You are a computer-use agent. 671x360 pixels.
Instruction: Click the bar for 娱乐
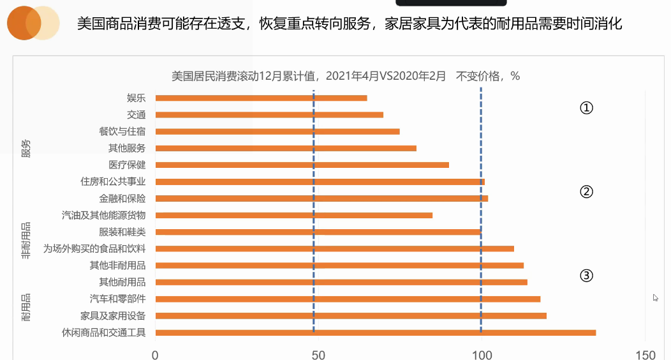pyautogui.click(x=261, y=98)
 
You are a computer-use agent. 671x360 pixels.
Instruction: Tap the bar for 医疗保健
pyautogui.click(x=302, y=165)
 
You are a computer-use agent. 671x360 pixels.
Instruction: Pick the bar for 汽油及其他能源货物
pyautogui.click(x=293, y=215)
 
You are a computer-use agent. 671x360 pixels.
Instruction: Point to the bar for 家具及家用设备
pyautogui.click(x=351, y=315)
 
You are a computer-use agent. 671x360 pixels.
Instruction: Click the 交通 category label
pyautogui.click(x=136, y=115)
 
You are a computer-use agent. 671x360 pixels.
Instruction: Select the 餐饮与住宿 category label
pyautogui.click(x=122, y=131)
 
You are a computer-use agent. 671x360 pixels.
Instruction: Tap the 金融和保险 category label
pyautogui.click(x=122, y=199)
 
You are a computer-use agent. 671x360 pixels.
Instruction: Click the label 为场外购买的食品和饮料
pyautogui.click(x=94, y=248)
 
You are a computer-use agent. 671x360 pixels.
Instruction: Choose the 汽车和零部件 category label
pyautogui.click(x=117, y=299)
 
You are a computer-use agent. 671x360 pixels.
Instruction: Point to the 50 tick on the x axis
pyautogui.click(x=318, y=354)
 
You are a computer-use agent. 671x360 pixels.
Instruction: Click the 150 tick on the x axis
pyautogui.click(x=645, y=354)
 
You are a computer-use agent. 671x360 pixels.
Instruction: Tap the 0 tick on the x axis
pyautogui.click(x=155, y=354)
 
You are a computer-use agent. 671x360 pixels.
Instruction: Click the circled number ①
pyautogui.click(x=586, y=108)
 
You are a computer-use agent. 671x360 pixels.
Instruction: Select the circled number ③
pyautogui.click(x=586, y=276)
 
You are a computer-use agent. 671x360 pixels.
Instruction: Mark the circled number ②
pyautogui.click(x=586, y=191)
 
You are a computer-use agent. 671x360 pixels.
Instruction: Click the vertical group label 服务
pyautogui.click(x=26, y=149)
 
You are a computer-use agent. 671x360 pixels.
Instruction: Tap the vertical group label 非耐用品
pyautogui.click(x=26, y=241)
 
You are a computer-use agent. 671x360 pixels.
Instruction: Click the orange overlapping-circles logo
pyautogui.click(x=33, y=24)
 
